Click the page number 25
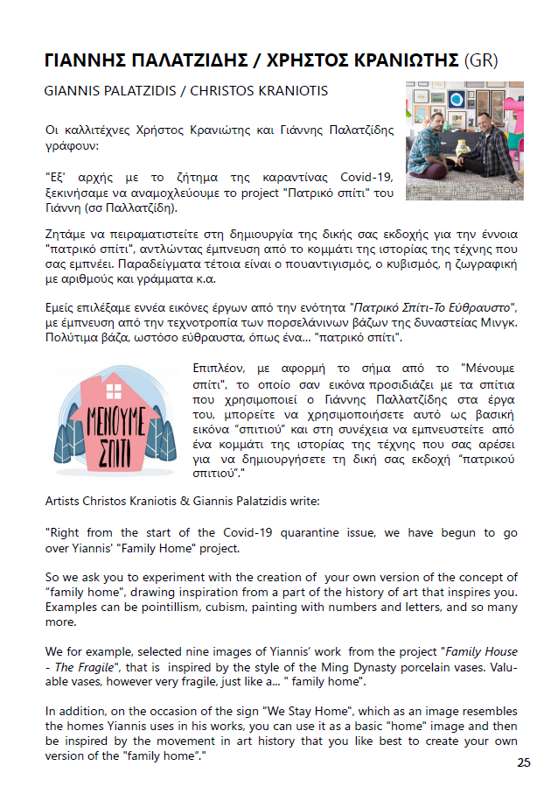tap(523, 762)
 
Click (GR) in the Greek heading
tap(487, 60)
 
